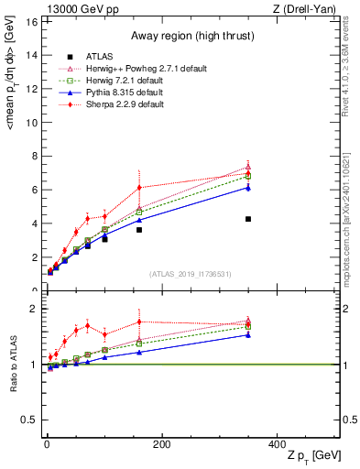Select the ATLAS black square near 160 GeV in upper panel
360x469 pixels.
point(139,230)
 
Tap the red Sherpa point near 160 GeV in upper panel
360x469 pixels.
point(139,187)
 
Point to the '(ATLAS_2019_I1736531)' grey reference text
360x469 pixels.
point(189,274)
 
